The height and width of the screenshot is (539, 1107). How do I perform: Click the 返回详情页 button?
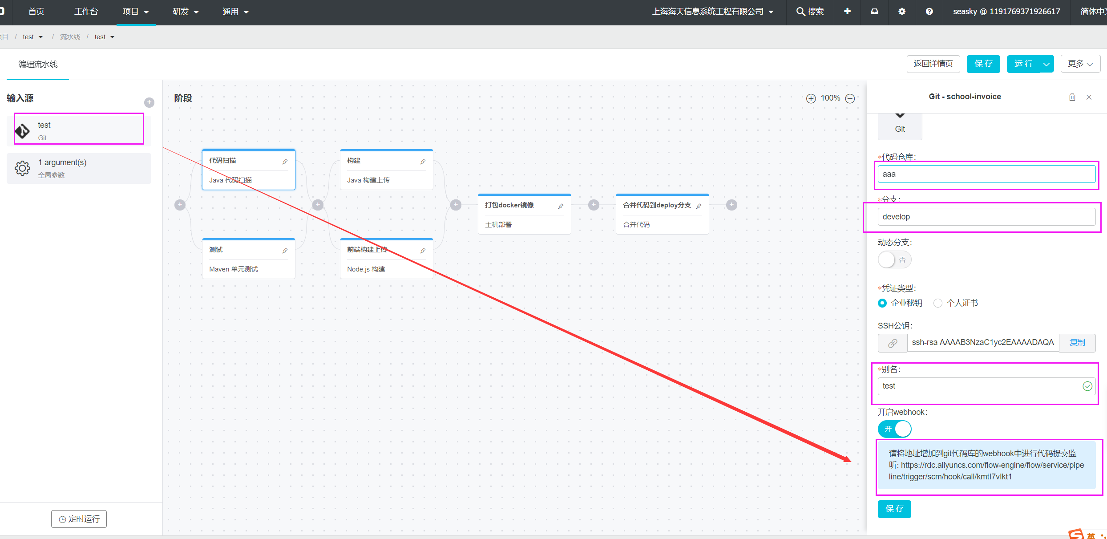(933, 64)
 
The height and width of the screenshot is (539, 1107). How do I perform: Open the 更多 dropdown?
(1080, 64)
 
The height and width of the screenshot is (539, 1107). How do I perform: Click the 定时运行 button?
(79, 519)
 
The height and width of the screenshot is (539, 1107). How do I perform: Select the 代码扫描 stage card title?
(222, 161)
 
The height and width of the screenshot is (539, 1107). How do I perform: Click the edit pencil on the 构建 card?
(423, 162)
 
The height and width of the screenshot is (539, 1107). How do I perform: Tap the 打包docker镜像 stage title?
(509, 205)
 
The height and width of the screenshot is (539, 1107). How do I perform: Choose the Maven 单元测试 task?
(234, 269)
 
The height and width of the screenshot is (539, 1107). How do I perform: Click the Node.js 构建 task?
(366, 269)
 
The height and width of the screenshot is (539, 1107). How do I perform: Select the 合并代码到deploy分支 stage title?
(657, 205)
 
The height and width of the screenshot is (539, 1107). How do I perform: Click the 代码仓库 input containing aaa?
(986, 174)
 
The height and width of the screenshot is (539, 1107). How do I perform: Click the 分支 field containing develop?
(986, 217)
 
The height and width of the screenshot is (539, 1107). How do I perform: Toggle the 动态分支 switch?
(894, 259)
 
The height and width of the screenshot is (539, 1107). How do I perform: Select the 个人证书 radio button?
(938, 303)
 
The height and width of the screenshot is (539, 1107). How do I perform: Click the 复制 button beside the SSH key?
(1077, 343)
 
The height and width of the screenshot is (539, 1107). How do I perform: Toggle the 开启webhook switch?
(894, 429)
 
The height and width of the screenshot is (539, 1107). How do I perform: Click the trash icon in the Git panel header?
(1072, 97)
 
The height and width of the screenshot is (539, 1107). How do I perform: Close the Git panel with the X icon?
(1089, 97)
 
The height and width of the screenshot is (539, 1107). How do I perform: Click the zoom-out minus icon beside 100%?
(850, 98)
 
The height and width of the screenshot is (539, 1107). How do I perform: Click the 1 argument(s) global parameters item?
(79, 168)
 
